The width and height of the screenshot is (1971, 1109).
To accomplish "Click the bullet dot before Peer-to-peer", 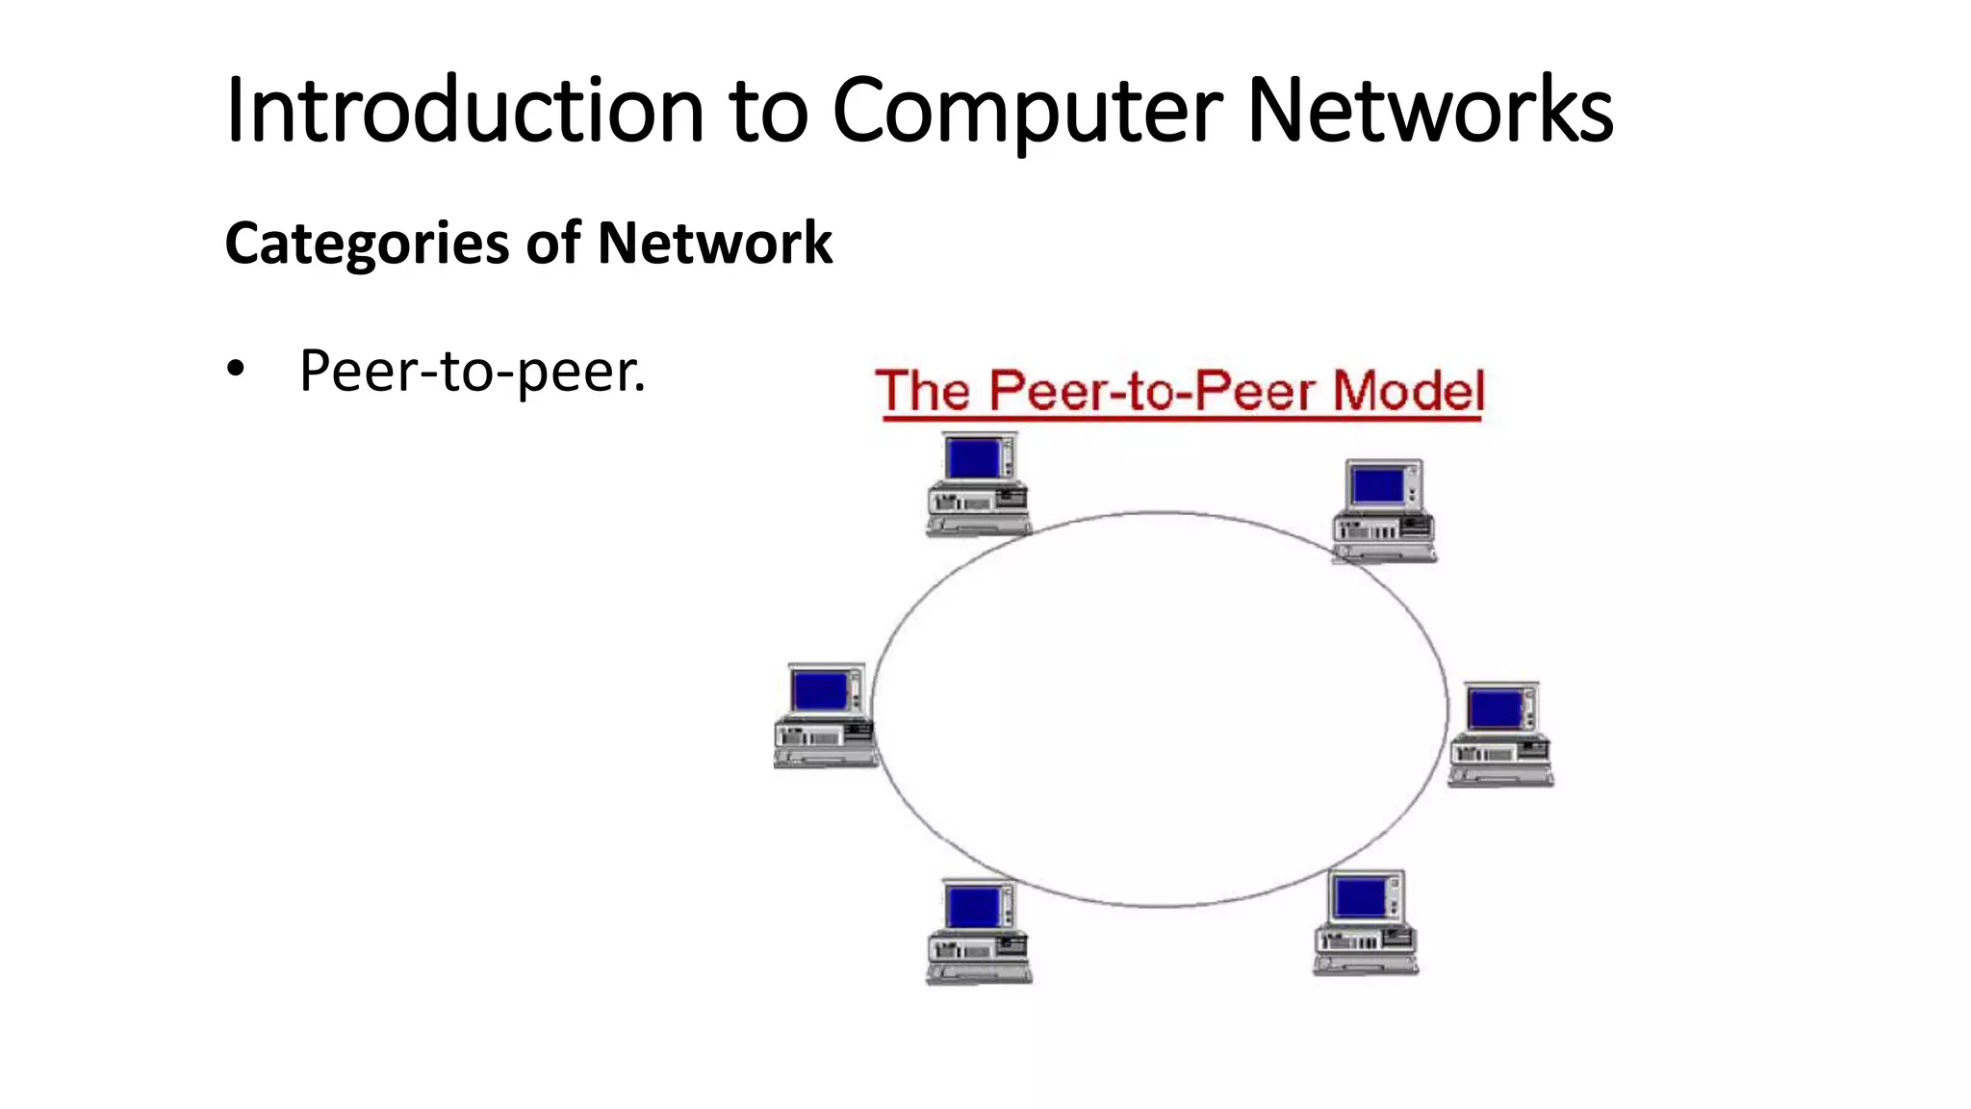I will [x=236, y=370].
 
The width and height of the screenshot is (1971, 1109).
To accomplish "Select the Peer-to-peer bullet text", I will [x=472, y=372].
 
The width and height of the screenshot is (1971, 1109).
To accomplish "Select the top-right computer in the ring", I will [x=1384, y=511].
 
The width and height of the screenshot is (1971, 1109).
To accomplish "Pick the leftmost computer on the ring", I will [x=825, y=714].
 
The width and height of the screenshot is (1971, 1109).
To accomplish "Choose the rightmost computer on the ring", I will [x=1500, y=734].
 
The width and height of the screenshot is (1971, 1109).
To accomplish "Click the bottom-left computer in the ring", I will [x=979, y=931].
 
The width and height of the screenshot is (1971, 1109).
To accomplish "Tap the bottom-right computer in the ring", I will [x=1366, y=922].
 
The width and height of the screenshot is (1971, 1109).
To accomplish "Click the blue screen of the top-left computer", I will [x=974, y=458].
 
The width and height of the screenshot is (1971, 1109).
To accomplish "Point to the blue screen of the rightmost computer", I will [x=1496, y=709].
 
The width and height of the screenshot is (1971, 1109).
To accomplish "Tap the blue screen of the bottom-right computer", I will [x=1360, y=898].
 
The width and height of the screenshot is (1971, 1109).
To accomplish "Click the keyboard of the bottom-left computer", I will [x=979, y=973].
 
